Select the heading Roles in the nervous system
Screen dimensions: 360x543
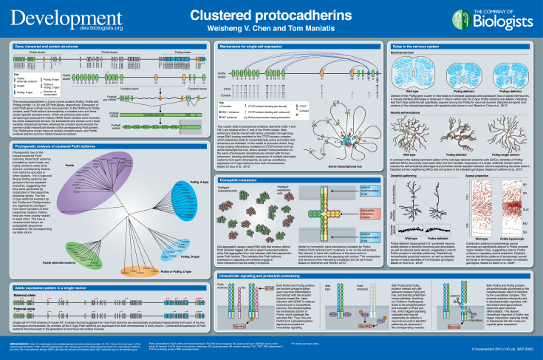pyautogui.click(x=411, y=46)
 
